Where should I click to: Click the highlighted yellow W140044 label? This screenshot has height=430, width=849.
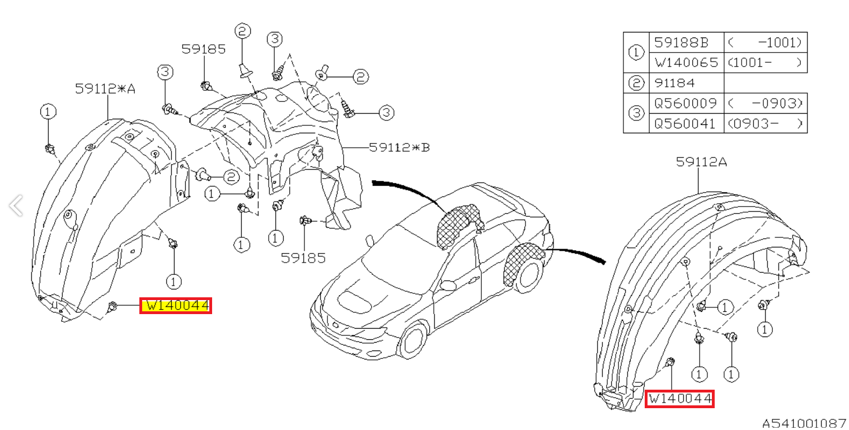(176, 306)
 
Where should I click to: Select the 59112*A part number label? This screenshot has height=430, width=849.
(105, 88)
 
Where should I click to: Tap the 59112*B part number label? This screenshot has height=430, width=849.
(399, 148)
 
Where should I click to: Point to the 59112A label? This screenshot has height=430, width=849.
(701, 162)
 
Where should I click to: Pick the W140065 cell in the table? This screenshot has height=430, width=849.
(686, 62)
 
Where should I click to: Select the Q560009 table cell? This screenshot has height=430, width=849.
(686, 103)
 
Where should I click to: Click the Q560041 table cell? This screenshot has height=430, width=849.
(686, 123)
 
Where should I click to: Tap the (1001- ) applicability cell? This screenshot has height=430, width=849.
(765, 62)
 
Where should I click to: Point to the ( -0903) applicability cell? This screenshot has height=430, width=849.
(765, 103)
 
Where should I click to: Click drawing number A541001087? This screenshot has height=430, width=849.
(804, 423)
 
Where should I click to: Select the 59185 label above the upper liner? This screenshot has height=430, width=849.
(203, 49)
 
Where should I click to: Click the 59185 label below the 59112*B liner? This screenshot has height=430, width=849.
(303, 258)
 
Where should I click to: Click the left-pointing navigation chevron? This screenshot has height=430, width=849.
(16, 205)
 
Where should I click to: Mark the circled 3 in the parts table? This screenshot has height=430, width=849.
(637, 113)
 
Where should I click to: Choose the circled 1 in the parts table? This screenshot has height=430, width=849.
(637, 52)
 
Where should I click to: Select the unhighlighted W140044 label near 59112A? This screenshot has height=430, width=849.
(679, 399)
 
